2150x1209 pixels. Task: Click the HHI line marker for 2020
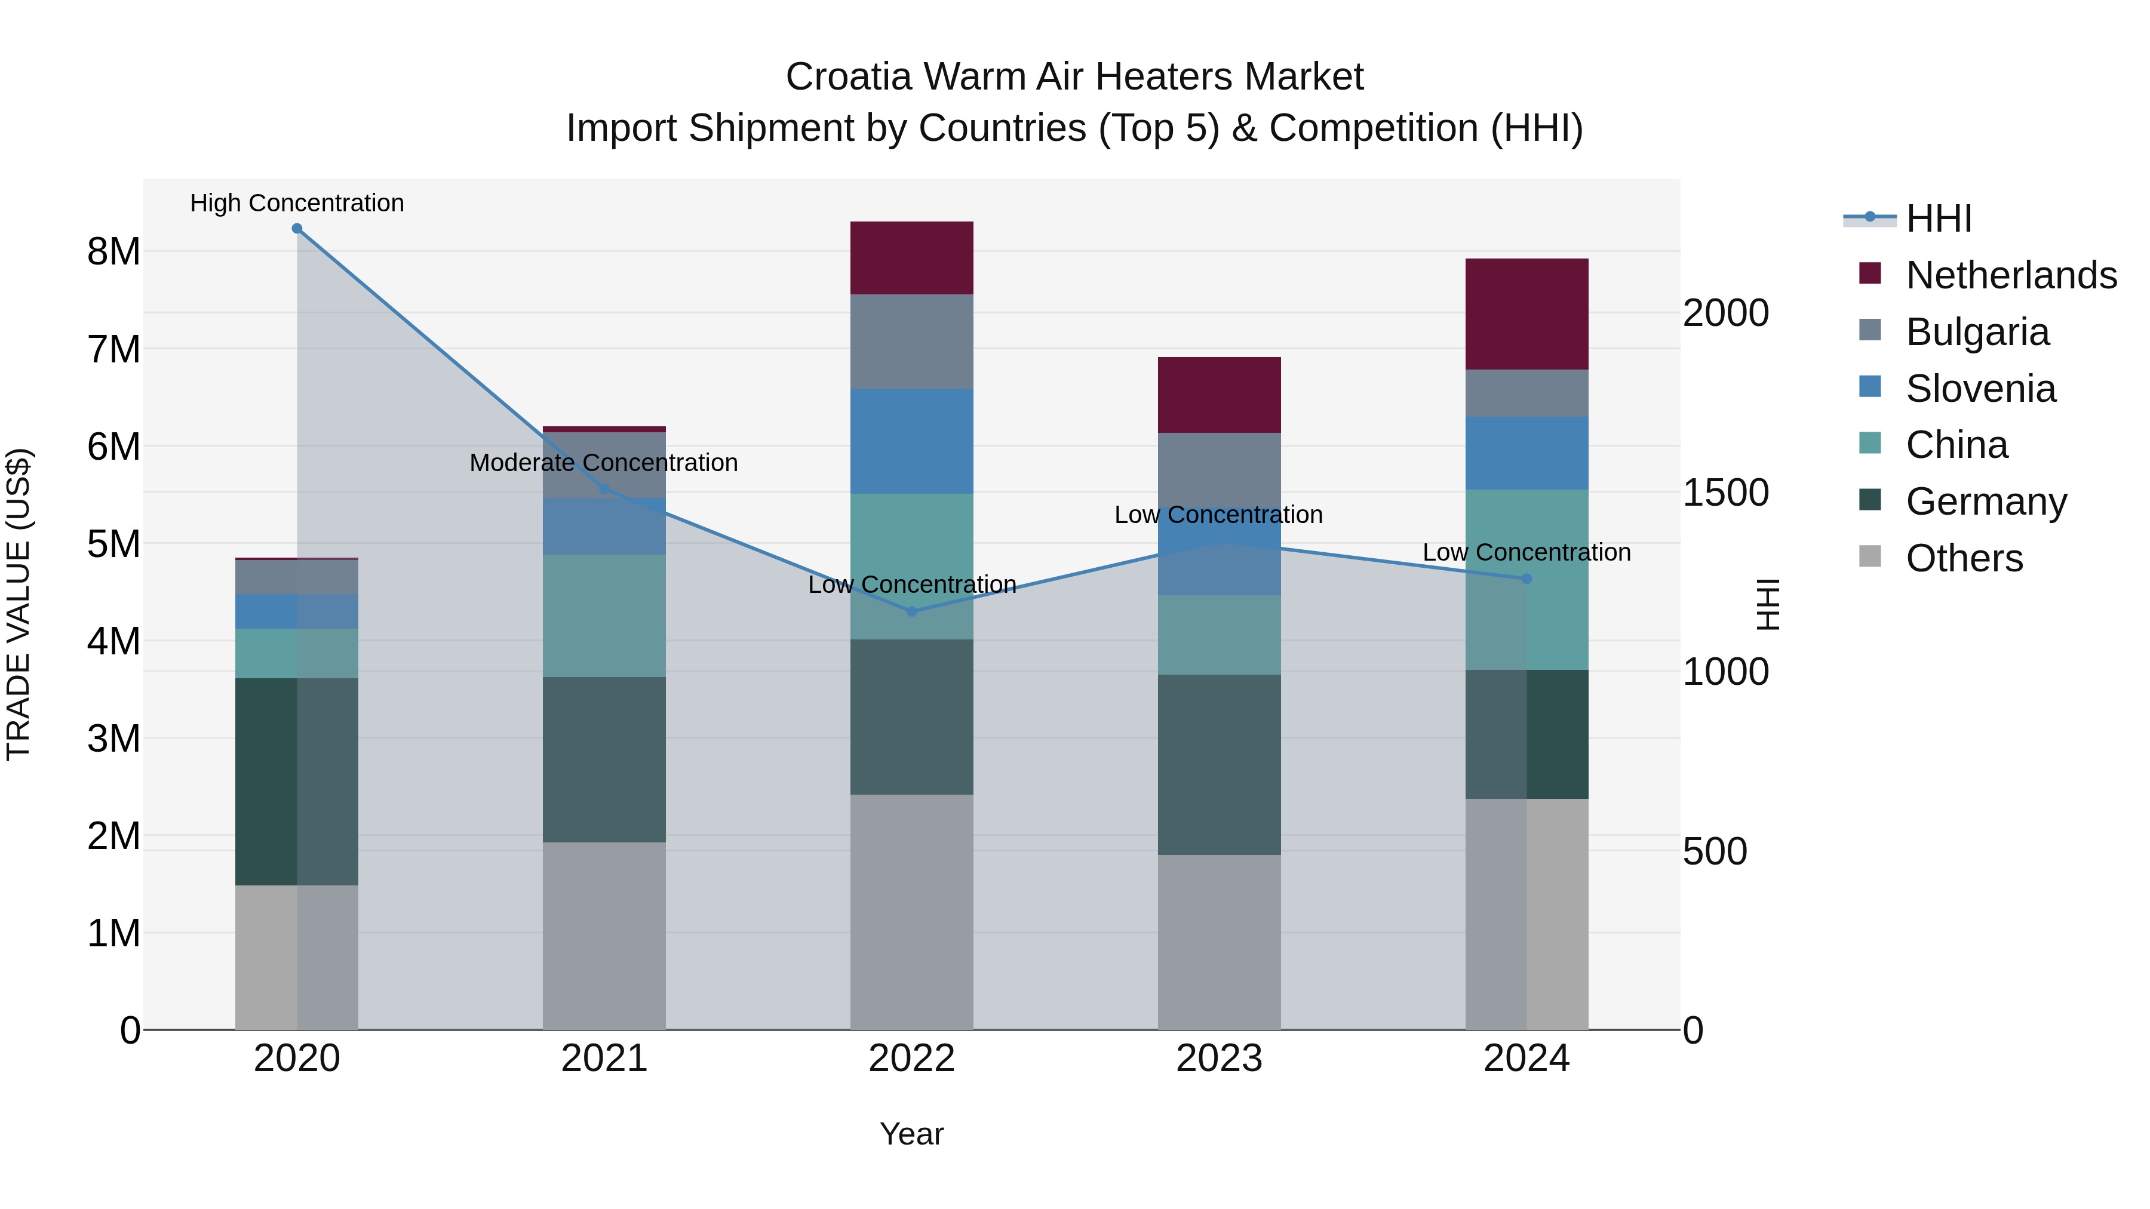pos(297,229)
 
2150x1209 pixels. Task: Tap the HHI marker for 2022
pos(911,611)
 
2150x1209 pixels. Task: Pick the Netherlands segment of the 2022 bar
pos(911,258)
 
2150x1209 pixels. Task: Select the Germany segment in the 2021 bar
pos(604,759)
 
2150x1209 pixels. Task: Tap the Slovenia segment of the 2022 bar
pos(911,441)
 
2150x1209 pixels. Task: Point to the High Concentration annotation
pos(297,204)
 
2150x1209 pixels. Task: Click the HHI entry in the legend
pos(1938,219)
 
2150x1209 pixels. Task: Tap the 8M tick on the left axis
pos(113,252)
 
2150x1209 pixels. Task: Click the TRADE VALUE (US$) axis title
pos(19,604)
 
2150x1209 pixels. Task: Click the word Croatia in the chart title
pos(850,78)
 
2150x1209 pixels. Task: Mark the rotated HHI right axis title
pos(1768,604)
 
